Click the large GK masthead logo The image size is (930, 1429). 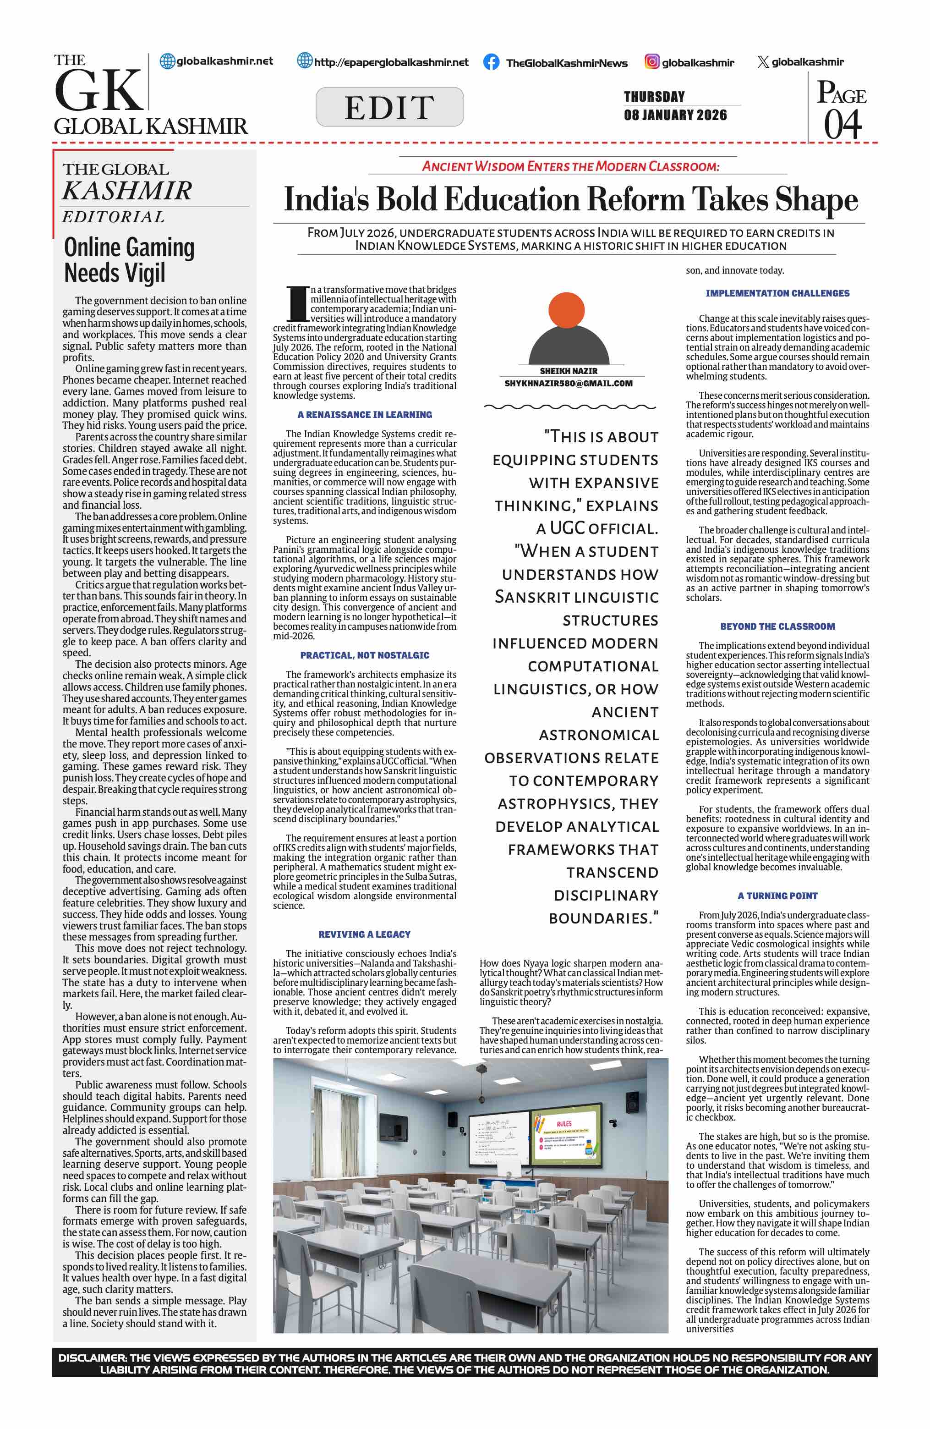[x=99, y=90]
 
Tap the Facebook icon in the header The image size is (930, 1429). [x=491, y=62]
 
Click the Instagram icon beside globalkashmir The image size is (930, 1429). [x=651, y=62]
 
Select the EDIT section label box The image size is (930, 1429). [x=389, y=107]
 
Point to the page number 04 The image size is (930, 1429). [x=842, y=125]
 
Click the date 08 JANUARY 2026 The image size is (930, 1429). [x=675, y=115]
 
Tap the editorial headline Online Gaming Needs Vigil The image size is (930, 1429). [x=129, y=260]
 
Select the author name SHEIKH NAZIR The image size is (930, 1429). [x=568, y=371]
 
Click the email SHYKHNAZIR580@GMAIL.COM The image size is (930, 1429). [x=568, y=384]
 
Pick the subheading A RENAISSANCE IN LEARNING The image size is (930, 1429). [x=365, y=415]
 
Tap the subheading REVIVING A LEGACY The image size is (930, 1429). [x=365, y=934]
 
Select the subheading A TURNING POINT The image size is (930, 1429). [x=777, y=896]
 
